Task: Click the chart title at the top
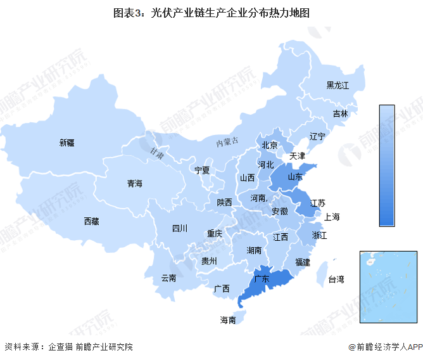(211, 12)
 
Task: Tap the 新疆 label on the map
(67, 143)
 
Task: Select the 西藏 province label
(91, 221)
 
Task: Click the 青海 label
(134, 183)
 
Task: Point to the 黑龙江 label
(338, 85)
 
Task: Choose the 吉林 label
(340, 114)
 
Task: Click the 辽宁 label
(317, 136)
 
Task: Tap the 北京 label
(270, 145)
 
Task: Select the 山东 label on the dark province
(295, 177)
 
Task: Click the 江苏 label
(318, 203)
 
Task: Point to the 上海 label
(332, 217)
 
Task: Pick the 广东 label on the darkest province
(262, 278)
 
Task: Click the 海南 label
(228, 320)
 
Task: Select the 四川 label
(180, 228)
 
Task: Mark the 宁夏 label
(202, 170)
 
